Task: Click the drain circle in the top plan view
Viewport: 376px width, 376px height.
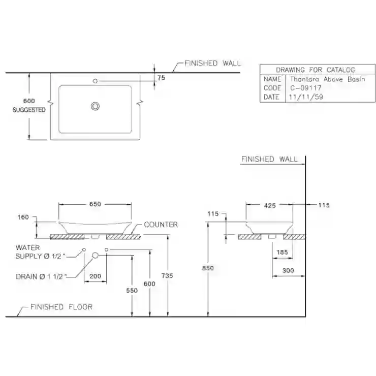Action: pyautogui.click(x=95, y=106)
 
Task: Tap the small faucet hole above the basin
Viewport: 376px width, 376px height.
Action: pyautogui.click(x=95, y=81)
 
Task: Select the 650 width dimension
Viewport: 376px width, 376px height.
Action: pyautogui.click(x=95, y=204)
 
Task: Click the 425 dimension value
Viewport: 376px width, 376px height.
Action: pyautogui.click(x=270, y=205)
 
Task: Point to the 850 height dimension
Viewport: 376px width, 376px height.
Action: pyautogui.click(x=208, y=268)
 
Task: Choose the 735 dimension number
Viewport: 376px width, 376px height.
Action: pyautogui.click(x=167, y=276)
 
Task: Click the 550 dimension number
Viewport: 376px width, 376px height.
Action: pyautogui.click(x=132, y=291)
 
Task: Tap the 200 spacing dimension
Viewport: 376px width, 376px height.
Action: pyautogui.click(x=95, y=276)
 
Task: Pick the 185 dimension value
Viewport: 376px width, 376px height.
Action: pyautogui.click(x=282, y=252)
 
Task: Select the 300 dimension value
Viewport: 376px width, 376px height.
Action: pyautogui.click(x=288, y=270)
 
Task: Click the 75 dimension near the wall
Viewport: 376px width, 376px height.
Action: pyautogui.click(x=161, y=78)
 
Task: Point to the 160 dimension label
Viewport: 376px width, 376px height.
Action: pyautogui.click(x=23, y=217)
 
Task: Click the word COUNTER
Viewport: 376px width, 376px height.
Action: pyautogui.click(x=161, y=225)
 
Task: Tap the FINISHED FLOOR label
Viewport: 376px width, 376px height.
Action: pyautogui.click(x=61, y=307)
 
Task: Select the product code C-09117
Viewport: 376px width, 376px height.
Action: pyautogui.click(x=306, y=88)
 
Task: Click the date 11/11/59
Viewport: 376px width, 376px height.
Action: pyautogui.click(x=306, y=97)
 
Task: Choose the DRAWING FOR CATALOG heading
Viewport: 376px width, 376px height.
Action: pyautogui.click(x=316, y=70)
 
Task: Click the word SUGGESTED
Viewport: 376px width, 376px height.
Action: pyautogui.click(x=29, y=110)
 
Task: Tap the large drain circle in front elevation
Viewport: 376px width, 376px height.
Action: pyautogui.click(x=95, y=256)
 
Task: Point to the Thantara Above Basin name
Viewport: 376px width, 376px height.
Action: pyautogui.click(x=328, y=79)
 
